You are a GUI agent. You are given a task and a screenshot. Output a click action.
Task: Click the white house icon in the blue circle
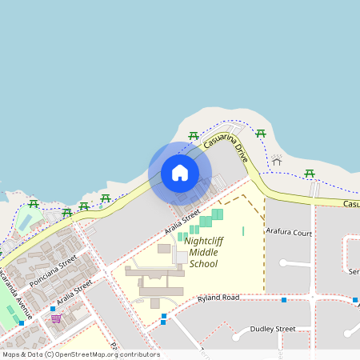coord(180,173)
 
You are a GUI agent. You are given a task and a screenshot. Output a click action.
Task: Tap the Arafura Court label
coord(289,233)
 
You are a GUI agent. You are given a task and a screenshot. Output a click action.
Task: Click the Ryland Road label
coord(219,298)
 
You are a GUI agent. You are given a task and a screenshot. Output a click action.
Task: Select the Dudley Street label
coord(273,328)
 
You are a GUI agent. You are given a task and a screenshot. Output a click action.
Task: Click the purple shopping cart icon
coord(56,318)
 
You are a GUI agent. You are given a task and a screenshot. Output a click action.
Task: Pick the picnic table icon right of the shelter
coord(310,173)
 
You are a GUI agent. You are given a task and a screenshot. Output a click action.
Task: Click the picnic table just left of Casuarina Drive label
coord(193,136)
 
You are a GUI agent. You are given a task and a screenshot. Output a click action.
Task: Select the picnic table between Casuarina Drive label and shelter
coord(260,133)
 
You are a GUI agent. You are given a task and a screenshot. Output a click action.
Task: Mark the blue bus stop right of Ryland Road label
coord(284,300)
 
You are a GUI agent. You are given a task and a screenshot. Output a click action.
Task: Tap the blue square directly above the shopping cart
coord(53,309)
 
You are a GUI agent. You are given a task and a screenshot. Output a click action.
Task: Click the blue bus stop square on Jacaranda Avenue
coord(22,323)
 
